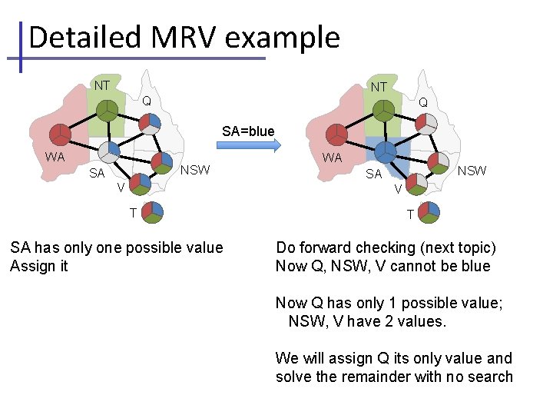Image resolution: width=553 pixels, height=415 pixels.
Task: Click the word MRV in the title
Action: click(202, 37)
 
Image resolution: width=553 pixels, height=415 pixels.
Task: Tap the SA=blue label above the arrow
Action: click(247, 131)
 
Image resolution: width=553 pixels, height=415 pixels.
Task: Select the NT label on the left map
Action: click(101, 85)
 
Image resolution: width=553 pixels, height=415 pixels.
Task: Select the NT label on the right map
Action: click(378, 87)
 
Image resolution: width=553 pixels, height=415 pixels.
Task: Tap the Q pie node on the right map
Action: click(427, 123)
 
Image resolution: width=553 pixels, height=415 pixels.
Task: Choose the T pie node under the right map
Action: click(429, 211)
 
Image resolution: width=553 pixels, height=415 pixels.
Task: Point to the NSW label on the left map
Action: click(194, 170)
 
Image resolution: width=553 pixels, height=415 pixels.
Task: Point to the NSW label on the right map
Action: click(472, 171)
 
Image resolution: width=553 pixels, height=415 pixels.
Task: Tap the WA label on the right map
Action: click(332, 158)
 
